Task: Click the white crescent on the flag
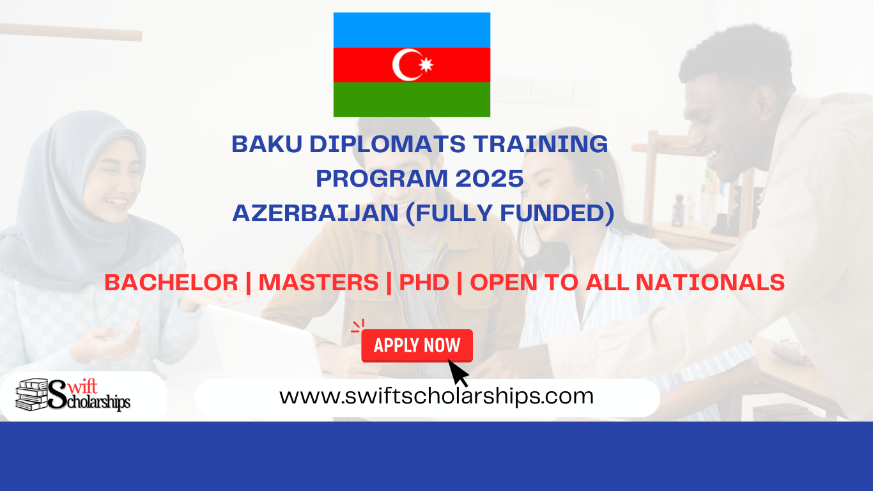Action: pos(399,65)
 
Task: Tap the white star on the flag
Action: pos(426,65)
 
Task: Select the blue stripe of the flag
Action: pos(412,30)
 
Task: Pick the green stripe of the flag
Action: pos(412,99)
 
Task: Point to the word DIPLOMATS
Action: pos(388,144)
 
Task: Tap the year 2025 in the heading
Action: pos(490,178)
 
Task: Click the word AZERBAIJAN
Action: pos(316,214)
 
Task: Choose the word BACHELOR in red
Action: pos(171,283)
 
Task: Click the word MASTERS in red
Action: pos(318,283)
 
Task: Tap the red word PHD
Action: pos(424,283)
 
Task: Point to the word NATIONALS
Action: pos(710,283)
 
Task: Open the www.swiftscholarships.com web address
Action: pos(436,396)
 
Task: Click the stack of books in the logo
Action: pos(31,394)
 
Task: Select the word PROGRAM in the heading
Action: pos(382,178)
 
